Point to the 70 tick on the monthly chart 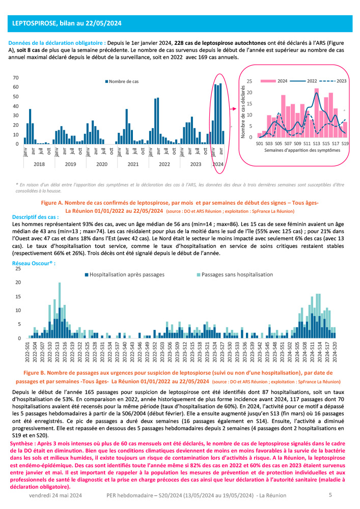click(x=15, y=78)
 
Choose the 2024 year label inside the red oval click(x=218, y=164)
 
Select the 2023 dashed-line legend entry click(x=341, y=80)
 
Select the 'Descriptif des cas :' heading click(x=35, y=216)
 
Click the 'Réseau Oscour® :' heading click(x=33, y=263)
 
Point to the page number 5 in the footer click(x=330, y=495)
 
